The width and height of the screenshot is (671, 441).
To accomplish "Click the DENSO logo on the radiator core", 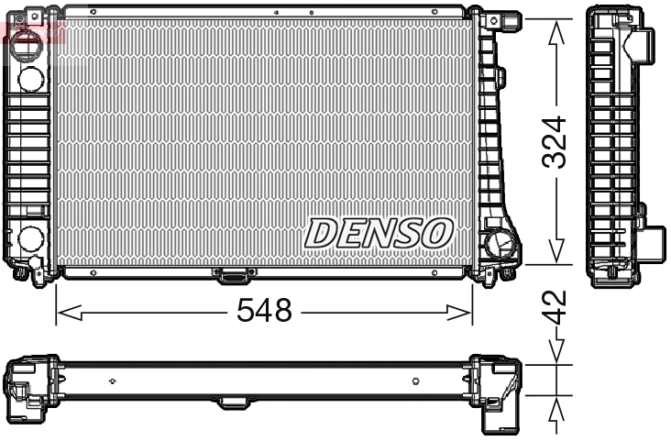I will (x=379, y=233).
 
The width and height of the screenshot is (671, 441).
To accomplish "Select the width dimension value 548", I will (x=264, y=312).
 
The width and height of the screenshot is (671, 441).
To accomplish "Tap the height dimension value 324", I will (x=556, y=142).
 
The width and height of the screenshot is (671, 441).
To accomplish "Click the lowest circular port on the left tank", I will (x=29, y=239).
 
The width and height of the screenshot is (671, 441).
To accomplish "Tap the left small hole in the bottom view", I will (x=111, y=380).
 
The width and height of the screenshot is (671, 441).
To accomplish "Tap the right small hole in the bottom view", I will (x=415, y=380).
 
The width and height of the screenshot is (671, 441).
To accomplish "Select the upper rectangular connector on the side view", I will (x=644, y=42).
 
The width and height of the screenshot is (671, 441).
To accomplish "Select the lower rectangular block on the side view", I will (x=652, y=244).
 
